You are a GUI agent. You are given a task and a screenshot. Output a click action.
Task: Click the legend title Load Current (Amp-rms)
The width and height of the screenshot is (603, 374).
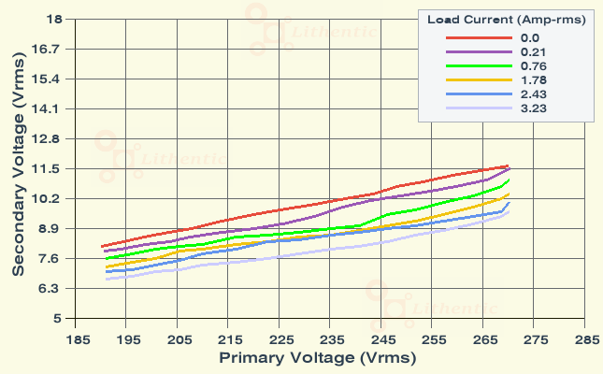coord(507,20)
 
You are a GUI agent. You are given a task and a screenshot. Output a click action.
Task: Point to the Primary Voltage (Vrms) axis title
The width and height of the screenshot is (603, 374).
coord(317,357)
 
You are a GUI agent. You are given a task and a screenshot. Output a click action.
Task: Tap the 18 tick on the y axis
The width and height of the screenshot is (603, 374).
coord(53,19)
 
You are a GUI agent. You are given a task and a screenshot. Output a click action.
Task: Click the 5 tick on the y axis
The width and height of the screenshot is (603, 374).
coord(57,319)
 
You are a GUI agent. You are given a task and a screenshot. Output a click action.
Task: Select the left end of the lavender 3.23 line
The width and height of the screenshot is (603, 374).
coord(107,279)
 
